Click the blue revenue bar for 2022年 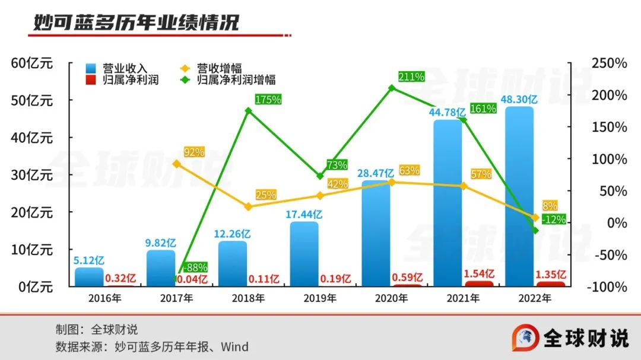pos(519,196)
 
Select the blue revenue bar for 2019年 pos(304,254)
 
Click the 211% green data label pos(411,77)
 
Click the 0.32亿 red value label pos(120,278)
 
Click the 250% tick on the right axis pos(610,63)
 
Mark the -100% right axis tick pos(608,286)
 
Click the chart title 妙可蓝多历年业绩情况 pos(136,23)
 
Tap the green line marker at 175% pos(249,110)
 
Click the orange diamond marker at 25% pos(249,207)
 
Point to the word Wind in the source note pos(234,346)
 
